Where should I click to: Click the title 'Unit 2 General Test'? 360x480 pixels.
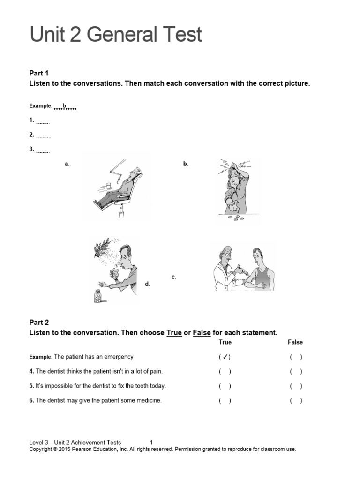116,35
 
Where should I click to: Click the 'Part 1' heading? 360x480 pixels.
39,73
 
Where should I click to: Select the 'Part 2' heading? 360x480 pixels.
39,322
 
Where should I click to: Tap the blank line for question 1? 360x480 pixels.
43,121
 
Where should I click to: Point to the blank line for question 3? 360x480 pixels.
43,150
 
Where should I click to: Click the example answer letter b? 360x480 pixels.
65,106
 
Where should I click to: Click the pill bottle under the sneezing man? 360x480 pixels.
98,296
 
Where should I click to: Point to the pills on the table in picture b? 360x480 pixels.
232,217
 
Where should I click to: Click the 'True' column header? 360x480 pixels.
225,342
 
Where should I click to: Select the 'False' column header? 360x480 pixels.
295,342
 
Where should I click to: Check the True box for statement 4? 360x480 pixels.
225,372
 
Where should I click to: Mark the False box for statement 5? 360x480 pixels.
296,386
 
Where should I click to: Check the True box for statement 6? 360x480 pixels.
225,401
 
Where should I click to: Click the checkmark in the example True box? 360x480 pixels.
225,357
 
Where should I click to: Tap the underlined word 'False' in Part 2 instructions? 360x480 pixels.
202,333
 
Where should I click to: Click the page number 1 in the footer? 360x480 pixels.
151,442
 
